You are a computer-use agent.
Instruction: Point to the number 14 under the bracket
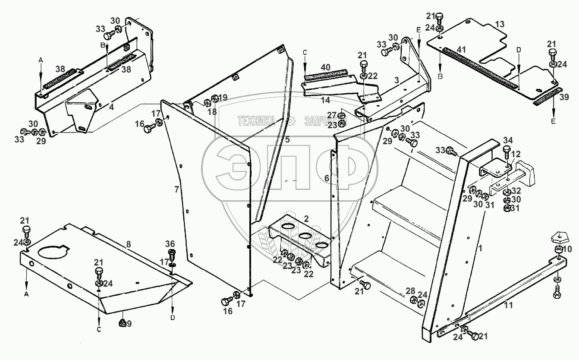pos(326,100)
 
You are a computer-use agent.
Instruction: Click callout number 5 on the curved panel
pos(287,139)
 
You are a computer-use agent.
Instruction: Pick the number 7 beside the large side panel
pos(176,189)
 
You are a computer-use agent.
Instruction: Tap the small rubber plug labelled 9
pos(122,322)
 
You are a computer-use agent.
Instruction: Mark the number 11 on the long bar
pos(508,306)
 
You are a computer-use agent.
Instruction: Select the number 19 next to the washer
pos(222,98)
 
